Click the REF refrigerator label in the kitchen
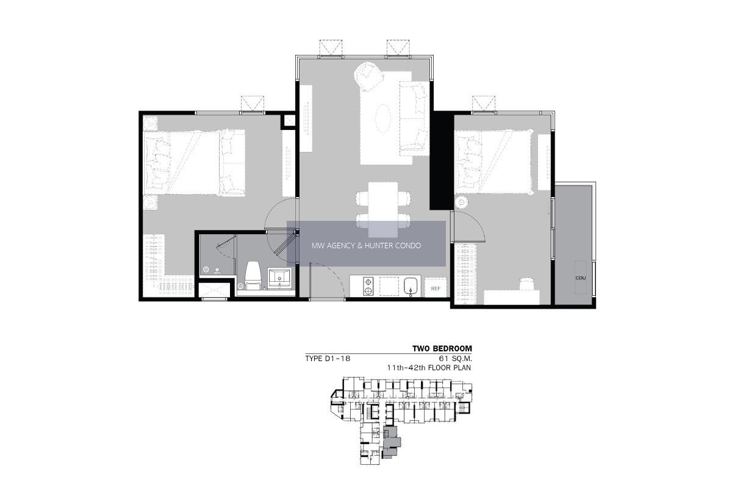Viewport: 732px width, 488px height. coord(436,289)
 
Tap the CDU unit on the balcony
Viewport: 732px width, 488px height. coord(580,277)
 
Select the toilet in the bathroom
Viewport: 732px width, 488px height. coord(253,275)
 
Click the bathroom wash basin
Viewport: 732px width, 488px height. coord(279,279)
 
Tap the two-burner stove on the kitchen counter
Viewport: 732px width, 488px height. coord(368,287)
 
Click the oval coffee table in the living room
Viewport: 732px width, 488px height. coord(383,118)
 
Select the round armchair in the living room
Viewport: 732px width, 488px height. coord(369,77)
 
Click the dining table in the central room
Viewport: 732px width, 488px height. coord(383,209)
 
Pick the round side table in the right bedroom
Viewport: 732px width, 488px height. coord(461,203)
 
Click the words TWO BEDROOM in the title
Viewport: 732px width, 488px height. coord(442,349)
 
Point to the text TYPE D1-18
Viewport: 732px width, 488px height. coord(328,359)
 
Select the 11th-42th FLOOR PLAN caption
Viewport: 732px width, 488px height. coord(429,368)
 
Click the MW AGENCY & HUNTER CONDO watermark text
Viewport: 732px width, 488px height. coord(367,245)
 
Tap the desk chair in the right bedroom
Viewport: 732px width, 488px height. coord(526,284)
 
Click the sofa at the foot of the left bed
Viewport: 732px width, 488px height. coord(232,163)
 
